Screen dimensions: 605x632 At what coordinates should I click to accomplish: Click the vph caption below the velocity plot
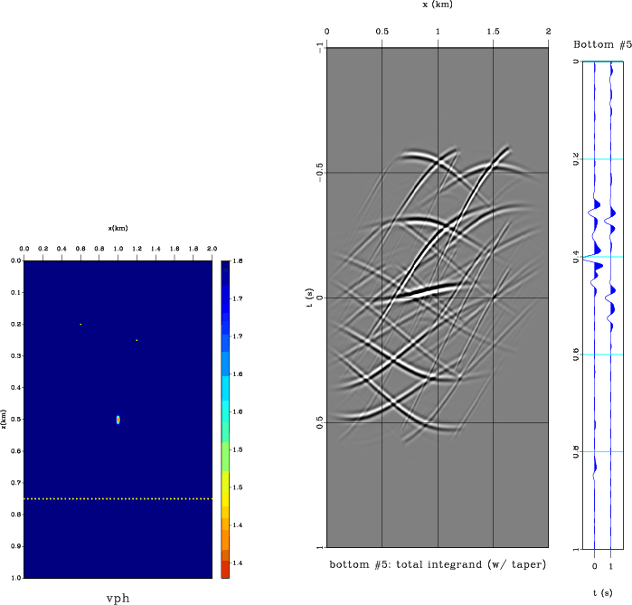tap(118, 598)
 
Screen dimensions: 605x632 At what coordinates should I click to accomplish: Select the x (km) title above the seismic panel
tap(438, 5)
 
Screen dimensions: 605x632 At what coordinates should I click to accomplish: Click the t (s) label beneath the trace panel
tap(603, 592)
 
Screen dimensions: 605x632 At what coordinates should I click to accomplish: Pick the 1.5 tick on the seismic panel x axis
tap(493, 33)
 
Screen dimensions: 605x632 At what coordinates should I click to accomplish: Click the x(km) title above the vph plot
tap(118, 228)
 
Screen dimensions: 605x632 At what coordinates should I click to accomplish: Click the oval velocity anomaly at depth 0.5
tap(118, 420)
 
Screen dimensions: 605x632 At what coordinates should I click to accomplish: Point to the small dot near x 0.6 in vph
tap(80, 324)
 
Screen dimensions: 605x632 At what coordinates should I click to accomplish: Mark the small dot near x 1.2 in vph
tap(137, 340)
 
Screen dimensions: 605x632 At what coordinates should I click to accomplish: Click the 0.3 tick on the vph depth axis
tap(15, 356)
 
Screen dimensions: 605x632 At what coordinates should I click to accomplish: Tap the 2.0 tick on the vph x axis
tap(212, 246)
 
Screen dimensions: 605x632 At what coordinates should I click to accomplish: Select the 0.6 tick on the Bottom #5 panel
tap(576, 355)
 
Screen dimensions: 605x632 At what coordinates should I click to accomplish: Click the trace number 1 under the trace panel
tap(612, 565)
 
